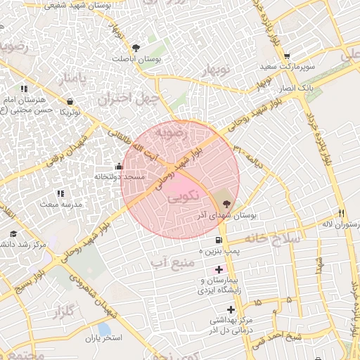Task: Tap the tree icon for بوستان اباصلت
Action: coord(136,48)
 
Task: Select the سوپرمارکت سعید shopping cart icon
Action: coord(286,56)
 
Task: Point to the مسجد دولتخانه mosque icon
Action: coord(118,167)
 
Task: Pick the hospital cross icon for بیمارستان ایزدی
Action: coord(219,270)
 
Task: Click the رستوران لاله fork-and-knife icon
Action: coord(341,213)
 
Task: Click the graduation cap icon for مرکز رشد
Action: coord(13,234)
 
